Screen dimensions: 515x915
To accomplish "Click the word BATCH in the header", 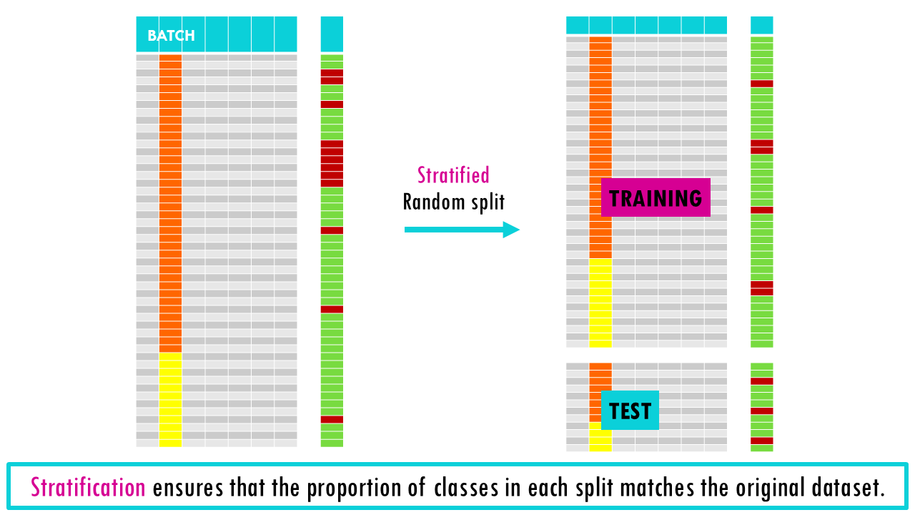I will [x=171, y=36].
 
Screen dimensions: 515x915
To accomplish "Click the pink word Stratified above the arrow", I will [x=453, y=175].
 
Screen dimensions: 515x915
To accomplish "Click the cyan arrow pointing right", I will [x=461, y=230].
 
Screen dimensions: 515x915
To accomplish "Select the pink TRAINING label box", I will [x=656, y=197].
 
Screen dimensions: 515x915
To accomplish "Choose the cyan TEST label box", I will [x=630, y=411].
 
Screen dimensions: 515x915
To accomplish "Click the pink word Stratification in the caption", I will [x=88, y=488].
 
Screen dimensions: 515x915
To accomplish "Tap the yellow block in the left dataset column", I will [x=170, y=399].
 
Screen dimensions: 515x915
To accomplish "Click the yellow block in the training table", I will [x=600, y=303].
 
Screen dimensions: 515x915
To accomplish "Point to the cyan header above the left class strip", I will [x=332, y=34].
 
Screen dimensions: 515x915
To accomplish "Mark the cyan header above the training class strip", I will [x=762, y=25].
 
